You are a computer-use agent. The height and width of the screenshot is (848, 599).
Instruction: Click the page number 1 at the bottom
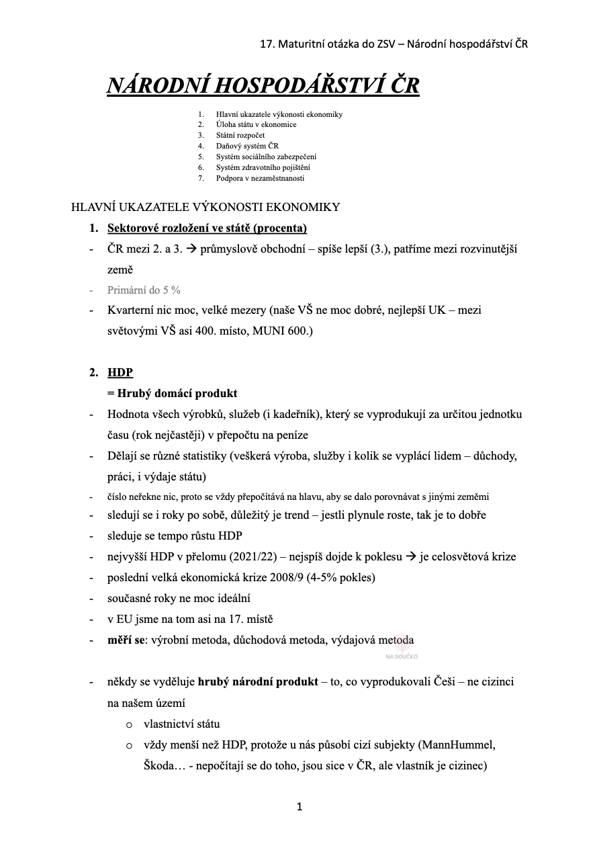click(299, 806)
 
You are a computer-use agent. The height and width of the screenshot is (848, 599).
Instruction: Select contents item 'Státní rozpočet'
click(236, 135)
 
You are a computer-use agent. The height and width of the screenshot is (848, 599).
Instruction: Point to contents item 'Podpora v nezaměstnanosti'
click(260, 178)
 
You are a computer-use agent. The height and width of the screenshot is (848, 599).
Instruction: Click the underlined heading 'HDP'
click(120, 372)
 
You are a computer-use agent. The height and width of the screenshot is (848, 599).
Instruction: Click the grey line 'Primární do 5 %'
click(144, 290)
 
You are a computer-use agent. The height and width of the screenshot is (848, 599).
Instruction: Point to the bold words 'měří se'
click(126, 640)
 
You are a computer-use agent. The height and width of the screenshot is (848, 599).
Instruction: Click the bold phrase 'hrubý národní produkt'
click(258, 682)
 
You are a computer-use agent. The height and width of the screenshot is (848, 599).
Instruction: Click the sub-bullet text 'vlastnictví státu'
click(181, 724)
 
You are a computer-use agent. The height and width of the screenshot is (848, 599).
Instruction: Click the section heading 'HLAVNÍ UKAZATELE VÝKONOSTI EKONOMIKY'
click(205, 207)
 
